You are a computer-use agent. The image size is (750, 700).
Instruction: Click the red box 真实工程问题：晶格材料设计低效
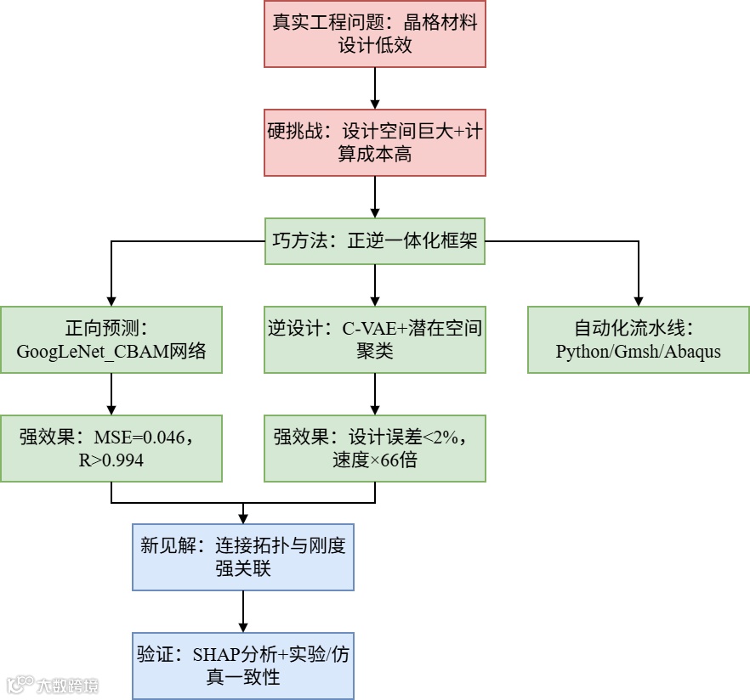tap(374, 34)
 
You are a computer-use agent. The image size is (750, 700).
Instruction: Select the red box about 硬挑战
tap(374, 143)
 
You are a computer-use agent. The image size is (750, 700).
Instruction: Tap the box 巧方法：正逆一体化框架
tap(374, 240)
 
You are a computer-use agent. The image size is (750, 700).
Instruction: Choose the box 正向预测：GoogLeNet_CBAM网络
tap(111, 340)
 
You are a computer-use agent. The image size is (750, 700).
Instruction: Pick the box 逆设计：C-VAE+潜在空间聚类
tap(374, 340)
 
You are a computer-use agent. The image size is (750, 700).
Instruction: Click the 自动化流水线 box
tap(638, 340)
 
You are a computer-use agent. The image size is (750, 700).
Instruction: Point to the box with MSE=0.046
tap(111, 449)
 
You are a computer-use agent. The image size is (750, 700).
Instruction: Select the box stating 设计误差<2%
tap(374, 449)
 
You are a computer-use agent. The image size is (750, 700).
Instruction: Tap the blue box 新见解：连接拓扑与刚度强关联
tap(243, 556)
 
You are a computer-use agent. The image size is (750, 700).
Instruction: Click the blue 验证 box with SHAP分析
tap(243, 665)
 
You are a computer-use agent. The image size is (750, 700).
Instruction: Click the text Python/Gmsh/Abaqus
tap(638, 352)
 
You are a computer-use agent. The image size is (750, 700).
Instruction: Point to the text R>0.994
tap(112, 460)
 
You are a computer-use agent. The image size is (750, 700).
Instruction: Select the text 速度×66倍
tap(374, 460)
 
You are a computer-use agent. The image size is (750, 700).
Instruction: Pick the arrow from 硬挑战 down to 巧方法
tap(375, 197)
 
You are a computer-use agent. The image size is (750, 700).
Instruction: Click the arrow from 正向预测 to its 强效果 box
tap(111, 394)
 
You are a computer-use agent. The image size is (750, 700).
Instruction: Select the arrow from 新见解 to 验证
tap(243, 611)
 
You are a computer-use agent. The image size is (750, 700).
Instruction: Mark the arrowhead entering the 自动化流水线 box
tap(638, 301)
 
